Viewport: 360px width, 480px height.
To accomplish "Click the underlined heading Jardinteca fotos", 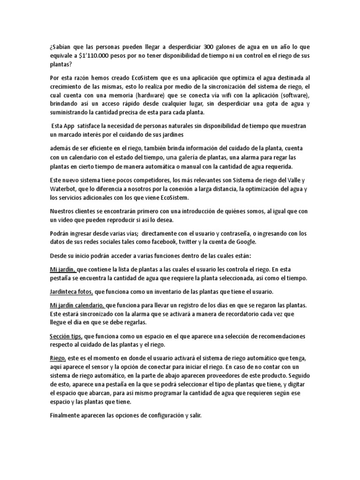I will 71,292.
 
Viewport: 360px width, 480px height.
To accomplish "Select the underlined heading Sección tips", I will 67,337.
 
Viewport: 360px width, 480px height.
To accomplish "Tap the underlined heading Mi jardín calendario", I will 77,305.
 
